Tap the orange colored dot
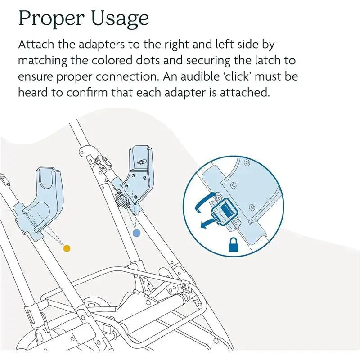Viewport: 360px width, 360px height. tap(67, 248)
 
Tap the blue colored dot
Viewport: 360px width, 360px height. tap(137, 233)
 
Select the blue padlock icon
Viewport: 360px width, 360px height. tap(234, 244)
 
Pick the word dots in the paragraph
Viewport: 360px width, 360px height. tap(147, 60)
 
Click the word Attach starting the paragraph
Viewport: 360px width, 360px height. tap(36, 44)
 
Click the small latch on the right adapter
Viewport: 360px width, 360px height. tap(122, 198)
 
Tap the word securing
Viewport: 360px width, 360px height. tap(208, 61)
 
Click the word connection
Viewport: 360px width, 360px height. tap(127, 76)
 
